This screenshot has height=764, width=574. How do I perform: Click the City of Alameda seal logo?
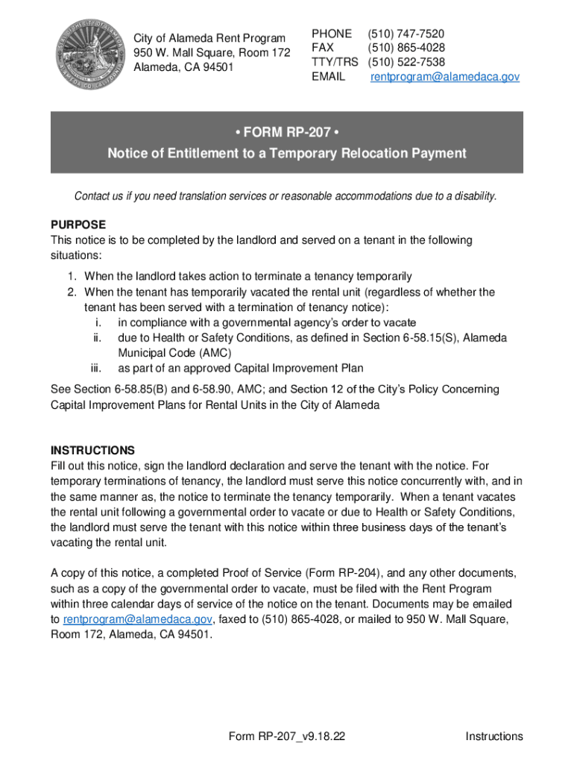[88, 52]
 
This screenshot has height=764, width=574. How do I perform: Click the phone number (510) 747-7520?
[406, 34]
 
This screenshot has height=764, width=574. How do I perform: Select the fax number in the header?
[406, 48]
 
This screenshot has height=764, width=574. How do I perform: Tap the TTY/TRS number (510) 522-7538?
[406, 62]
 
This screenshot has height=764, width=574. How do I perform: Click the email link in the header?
[445, 77]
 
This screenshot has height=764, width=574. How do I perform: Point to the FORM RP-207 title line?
[286, 134]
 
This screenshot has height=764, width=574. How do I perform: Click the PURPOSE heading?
[78, 225]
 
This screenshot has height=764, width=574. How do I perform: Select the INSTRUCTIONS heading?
[92, 451]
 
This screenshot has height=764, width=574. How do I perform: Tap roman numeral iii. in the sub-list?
[95, 368]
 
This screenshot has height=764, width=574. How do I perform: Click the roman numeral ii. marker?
[96, 337]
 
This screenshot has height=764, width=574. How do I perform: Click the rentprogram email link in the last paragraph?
[138, 619]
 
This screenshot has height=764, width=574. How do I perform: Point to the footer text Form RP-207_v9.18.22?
[287, 736]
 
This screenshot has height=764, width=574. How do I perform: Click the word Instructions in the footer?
[494, 736]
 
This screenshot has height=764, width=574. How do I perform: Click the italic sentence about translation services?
[286, 196]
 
